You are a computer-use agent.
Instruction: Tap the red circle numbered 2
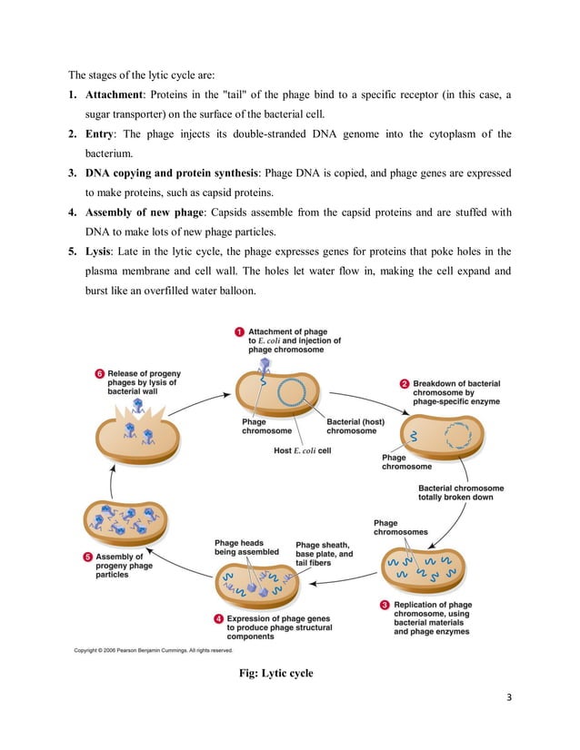404,383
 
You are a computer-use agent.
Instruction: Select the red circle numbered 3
385,605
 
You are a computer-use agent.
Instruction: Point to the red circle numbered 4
218,618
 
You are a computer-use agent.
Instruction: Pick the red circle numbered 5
86,556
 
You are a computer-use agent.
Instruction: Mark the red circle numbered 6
98,373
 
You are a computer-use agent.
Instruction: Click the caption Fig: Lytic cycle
276,673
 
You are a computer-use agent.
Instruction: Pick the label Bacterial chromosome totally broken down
460,492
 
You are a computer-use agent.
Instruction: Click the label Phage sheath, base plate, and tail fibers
324,554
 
